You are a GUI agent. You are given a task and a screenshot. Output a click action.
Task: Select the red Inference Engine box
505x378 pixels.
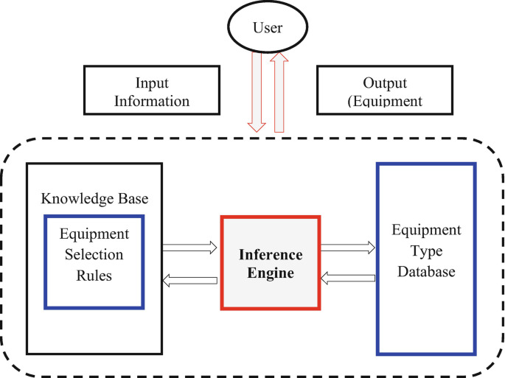tap(271, 263)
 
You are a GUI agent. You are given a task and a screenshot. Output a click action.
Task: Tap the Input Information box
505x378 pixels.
tap(162, 91)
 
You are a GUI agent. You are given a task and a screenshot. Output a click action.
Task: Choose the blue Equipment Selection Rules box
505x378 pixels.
tap(94, 260)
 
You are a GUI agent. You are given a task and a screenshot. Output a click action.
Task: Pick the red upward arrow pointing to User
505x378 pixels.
tap(279, 92)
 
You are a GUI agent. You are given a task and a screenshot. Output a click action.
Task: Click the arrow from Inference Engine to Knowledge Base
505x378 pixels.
tap(189, 279)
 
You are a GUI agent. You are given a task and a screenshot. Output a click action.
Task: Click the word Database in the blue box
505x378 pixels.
tap(426, 272)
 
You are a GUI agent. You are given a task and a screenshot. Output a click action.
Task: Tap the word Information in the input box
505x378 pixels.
tap(162, 100)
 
